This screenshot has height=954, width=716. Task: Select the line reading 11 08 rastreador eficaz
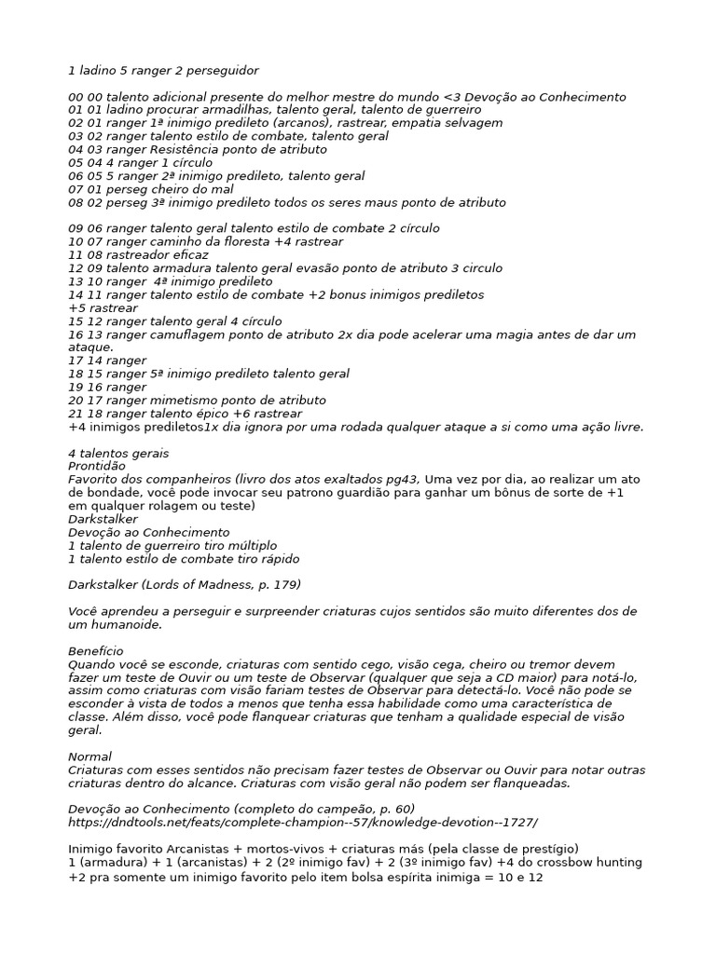coord(138,254)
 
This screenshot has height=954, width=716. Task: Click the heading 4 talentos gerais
coord(118,453)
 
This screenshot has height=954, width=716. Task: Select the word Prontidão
coord(97,466)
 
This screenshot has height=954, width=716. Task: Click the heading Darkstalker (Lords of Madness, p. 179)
coord(185,584)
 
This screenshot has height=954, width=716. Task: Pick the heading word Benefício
coord(96,650)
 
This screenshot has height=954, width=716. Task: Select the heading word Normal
coord(89,756)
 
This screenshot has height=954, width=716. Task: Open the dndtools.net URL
coord(303,823)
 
